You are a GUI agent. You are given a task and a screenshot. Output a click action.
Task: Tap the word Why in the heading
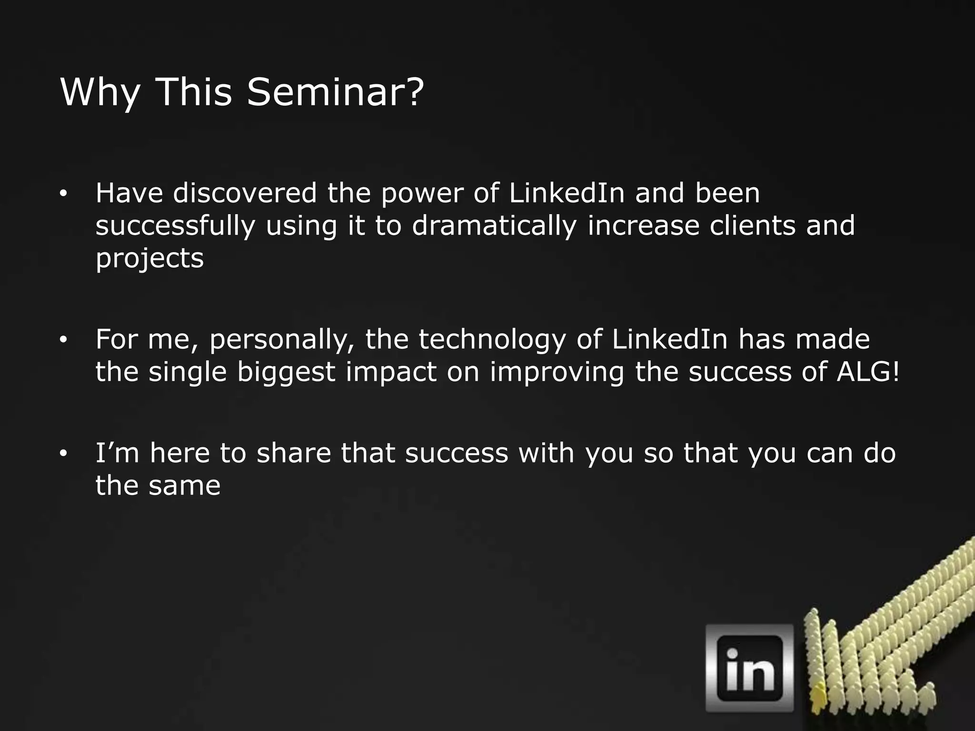100,93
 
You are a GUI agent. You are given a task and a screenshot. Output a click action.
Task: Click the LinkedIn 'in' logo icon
749,668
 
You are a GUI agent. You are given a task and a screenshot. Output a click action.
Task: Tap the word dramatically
494,226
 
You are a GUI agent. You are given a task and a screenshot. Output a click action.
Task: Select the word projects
149,259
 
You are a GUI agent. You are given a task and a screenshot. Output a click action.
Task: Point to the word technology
492,340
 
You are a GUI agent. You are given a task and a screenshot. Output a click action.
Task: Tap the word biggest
286,373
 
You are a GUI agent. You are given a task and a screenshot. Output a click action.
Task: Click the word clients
752,226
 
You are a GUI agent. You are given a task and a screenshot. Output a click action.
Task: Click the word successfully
175,226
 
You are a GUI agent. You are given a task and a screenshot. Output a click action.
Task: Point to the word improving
557,373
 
